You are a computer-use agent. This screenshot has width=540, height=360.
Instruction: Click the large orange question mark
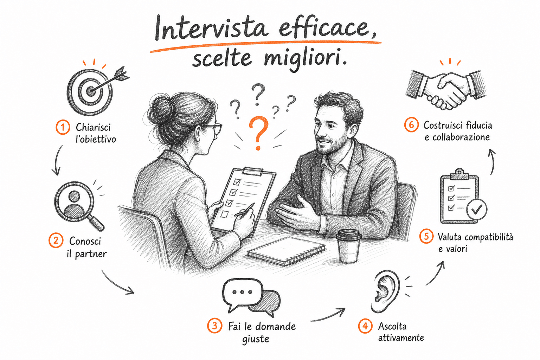coord(258,133)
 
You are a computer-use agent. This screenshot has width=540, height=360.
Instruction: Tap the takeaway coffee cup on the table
coord(348,246)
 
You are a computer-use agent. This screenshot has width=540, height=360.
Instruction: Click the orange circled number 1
coord(63,127)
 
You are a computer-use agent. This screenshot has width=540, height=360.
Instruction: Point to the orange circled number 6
coord(411,125)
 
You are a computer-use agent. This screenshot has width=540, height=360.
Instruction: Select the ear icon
coord(385,291)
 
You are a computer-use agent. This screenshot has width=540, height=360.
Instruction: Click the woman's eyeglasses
coord(214,129)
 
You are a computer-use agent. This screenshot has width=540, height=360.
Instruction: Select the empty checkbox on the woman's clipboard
coord(224,214)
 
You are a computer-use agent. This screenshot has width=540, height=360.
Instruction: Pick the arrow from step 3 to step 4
coord(328,316)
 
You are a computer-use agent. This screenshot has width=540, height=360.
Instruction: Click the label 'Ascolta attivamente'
coord(401,332)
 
